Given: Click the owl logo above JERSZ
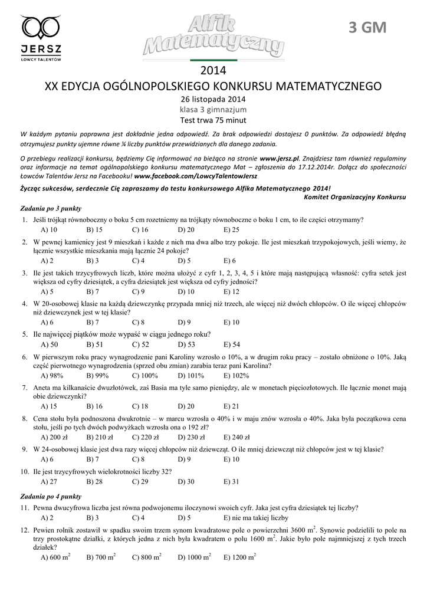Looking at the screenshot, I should pyautogui.click(x=41, y=27).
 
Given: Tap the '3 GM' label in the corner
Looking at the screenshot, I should pyautogui.click(x=367, y=28).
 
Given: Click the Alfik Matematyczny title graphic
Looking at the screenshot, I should pyautogui.click(x=213, y=37).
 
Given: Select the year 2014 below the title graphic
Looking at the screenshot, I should pyautogui.click(x=213, y=71).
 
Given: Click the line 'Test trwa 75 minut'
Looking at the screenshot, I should pyautogui.click(x=213, y=120).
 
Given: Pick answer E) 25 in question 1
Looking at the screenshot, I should pyautogui.click(x=232, y=230).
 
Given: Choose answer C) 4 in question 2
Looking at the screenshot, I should pyautogui.click(x=139, y=261).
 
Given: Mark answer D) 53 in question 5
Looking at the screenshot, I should pyautogui.click(x=186, y=344).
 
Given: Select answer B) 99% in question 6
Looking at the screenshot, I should pyautogui.click(x=97, y=375).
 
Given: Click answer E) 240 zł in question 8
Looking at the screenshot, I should pyautogui.click(x=237, y=437).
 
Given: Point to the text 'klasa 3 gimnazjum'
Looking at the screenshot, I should pyautogui.click(x=213, y=109).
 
